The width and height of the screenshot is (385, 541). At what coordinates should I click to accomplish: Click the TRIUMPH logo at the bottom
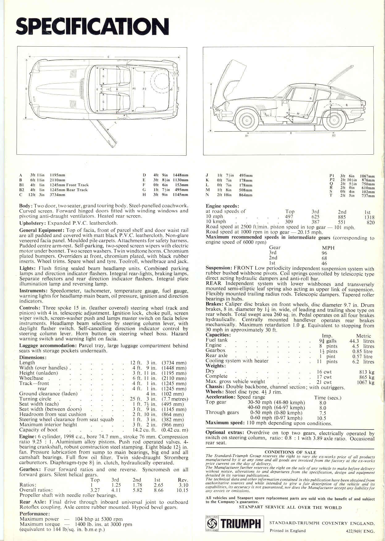pyautogui.click(x=234, y=523)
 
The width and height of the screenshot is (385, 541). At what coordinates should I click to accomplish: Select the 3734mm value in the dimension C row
pyautogui.click(x=57, y=195)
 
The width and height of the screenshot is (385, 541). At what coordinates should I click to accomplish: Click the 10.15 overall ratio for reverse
pyautogui.click(x=182, y=490)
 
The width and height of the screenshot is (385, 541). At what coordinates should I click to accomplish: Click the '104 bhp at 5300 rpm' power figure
pyautogui.click(x=98, y=519)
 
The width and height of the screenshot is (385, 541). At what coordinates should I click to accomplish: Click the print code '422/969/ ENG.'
pyautogui.click(x=360, y=531)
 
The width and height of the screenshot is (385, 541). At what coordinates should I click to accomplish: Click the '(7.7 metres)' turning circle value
pyautogui.click(x=174, y=399)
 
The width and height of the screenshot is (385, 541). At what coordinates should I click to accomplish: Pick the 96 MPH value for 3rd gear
pyautogui.click(x=324, y=253)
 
